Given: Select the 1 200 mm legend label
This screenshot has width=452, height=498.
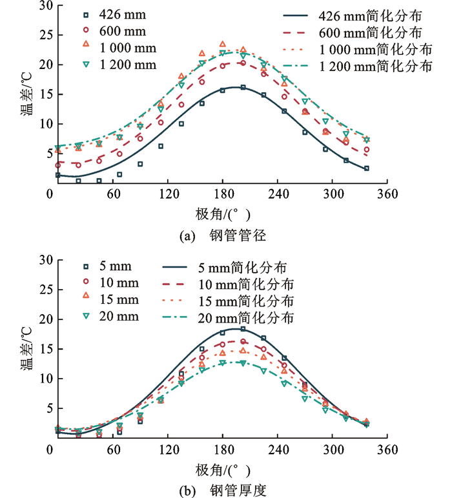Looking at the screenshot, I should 128,64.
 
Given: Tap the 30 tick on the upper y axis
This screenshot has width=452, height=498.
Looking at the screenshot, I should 38,6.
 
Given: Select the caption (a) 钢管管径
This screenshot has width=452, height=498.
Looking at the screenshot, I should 218,237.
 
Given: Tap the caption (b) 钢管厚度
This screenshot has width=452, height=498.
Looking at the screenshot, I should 218,490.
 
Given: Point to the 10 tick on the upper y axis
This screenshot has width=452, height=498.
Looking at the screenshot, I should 38,124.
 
